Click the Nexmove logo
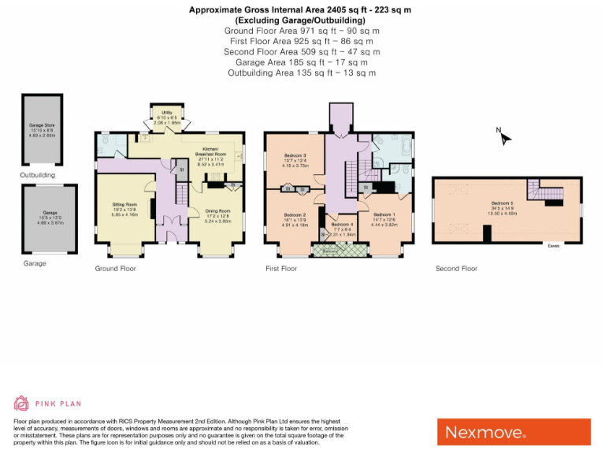(x=514, y=431)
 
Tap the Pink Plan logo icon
(x=21, y=404)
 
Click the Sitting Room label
(x=124, y=207)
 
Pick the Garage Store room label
(x=43, y=128)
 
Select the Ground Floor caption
(x=116, y=269)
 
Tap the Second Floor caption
(x=457, y=269)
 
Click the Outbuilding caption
(x=38, y=175)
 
